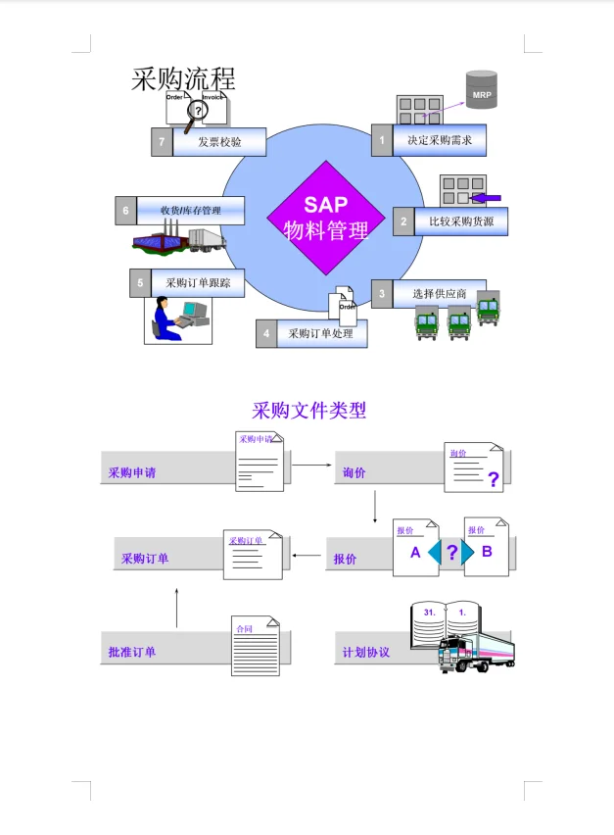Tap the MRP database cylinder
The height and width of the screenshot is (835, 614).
click(481, 90)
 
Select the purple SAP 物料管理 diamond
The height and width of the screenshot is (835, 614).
click(325, 218)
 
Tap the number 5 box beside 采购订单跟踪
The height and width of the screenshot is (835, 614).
click(140, 283)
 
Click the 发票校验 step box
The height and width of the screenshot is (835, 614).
click(218, 142)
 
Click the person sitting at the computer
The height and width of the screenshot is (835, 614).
click(166, 319)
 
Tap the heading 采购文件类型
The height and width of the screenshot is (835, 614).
click(308, 410)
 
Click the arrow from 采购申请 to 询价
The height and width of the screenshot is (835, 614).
click(311, 465)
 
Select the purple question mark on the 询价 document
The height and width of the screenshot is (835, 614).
click(493, 479)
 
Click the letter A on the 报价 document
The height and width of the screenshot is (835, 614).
click(415, 553)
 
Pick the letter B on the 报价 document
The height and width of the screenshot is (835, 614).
click(486, 552)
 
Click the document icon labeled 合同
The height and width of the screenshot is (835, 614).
click(255, 647)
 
